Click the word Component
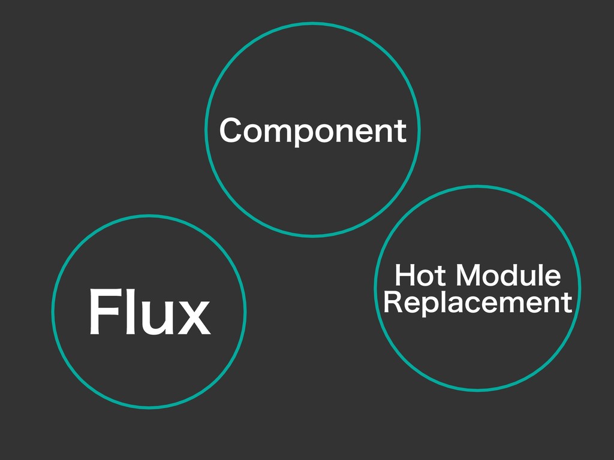point(312,131)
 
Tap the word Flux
point(149,312)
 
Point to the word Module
point(508,276)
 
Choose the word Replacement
point(477,302)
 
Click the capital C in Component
point(230,131)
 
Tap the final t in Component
point(401,131)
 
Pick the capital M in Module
point(468,276)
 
